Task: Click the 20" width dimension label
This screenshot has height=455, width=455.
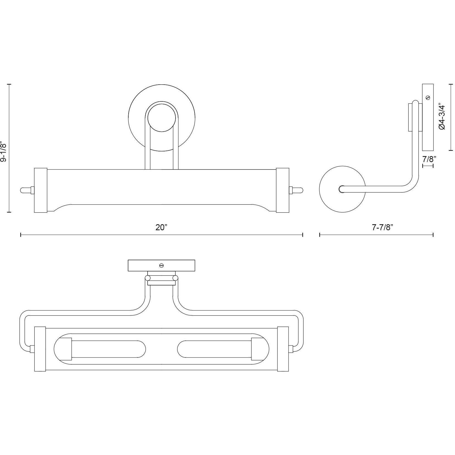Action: [x=161, y=227]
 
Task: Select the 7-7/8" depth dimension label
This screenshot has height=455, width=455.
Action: [x=382, y=227]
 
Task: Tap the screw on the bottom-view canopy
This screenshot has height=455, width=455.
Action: [x=162, y=265]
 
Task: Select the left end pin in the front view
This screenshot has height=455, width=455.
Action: [x=27, y=190]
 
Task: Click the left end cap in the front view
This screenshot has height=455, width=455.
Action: [x=40, y=190]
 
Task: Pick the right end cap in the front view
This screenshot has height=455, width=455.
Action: [x=282, y=190]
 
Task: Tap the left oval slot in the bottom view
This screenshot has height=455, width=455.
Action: [x=100, y=349]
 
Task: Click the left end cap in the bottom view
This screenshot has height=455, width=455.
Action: [x=40, y=349]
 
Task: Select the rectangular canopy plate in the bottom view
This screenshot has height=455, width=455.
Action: [x=162, y=265]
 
